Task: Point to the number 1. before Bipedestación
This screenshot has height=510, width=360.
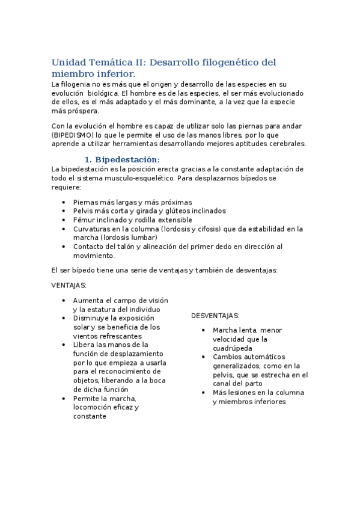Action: [x=88, y=159]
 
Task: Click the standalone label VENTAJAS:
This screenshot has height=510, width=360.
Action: [x=69, y=285]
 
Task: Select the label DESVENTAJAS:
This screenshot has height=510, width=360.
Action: [x=215, y=316]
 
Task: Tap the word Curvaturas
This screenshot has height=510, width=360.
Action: [x=92, y=229]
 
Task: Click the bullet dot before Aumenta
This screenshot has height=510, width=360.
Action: [x=64, y=300]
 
